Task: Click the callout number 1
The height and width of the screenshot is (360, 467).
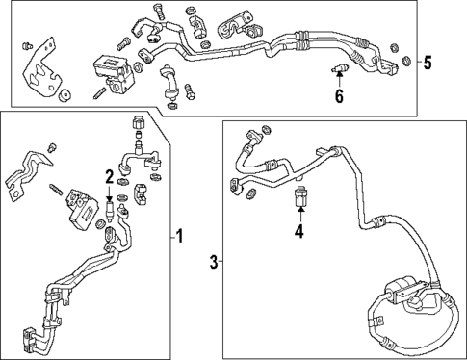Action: pos(179,236)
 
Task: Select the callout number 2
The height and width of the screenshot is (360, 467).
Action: pos(110,177)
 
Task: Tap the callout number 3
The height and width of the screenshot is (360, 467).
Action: pos(214,262)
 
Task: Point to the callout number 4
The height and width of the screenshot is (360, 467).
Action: pos(299,231)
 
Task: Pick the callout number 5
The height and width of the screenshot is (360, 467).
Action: pos(428,62)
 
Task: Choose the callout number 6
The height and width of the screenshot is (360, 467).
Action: pos(339,95)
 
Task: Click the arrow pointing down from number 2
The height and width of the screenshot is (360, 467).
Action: pos(110,192)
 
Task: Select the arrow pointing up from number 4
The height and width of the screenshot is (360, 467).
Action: pos(300,215)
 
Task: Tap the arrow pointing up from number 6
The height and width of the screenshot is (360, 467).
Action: pos(339,80)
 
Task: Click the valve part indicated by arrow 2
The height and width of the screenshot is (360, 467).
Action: pos(110,212)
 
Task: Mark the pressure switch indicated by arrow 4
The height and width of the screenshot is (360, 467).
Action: pos(299,196)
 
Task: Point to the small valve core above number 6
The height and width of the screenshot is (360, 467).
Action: pos(340,68)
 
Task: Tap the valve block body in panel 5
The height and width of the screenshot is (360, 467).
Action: pos(114,73)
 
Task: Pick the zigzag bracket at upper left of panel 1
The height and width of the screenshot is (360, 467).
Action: pos(27,174)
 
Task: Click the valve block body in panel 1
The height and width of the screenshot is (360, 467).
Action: pos(82,209)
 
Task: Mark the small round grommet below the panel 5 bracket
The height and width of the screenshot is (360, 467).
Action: pos(65,95)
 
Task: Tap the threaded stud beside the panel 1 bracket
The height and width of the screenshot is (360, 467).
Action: pos(56,189)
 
